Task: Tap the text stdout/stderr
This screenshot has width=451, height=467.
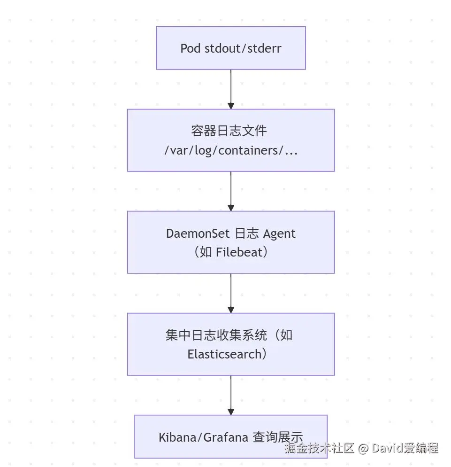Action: pos(243,48)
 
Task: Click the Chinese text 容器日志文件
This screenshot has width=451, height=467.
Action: pos(229,131)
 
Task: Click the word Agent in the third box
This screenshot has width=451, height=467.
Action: pos(280,233)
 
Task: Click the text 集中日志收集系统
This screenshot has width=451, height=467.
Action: pos(216,335)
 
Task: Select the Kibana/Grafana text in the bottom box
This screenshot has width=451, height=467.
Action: pos(203,437)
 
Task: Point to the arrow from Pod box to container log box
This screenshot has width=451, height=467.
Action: pos(230,89)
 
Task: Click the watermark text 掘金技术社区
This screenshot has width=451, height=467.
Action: pos(319,448)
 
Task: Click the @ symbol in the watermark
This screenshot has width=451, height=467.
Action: pos(363,448)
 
